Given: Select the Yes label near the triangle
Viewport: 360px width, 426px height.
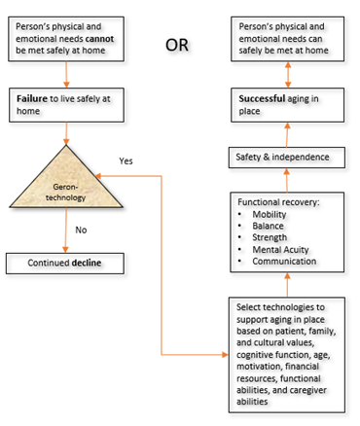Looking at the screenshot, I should click(126, 160).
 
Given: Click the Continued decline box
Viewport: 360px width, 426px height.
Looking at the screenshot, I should click(65, 264).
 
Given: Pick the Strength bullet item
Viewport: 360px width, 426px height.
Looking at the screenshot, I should click(270, 236).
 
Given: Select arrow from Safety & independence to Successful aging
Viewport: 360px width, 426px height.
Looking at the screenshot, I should click(287, 133).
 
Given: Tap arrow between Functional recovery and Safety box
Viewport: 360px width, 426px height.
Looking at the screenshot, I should click(287, 178).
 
